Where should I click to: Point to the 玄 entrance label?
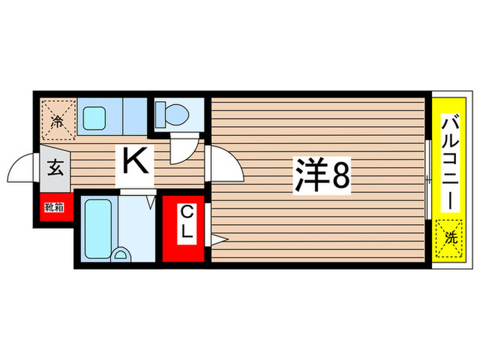click(x=56, y=167)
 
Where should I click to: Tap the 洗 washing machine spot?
click(x=450, y=237)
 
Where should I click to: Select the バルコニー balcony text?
click(x=450, y=163)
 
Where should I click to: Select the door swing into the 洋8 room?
click(x=224, y=164)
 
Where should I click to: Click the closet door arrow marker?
click(x=219, y=239)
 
